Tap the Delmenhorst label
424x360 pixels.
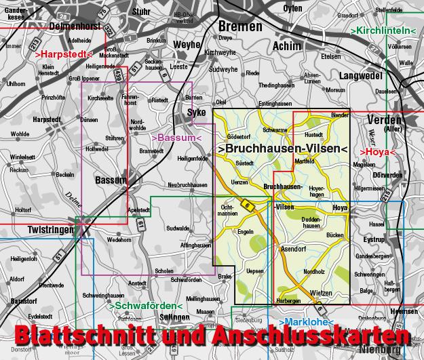pyautogui.click(x=75, y=28)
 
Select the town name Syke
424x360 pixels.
pyautogui.click(x=196, y=113)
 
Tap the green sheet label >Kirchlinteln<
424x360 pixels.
pyautogui.click(x=384, y=31)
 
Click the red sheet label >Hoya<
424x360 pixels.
pyautogui.click(x=379, y=152)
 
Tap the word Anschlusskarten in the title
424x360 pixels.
pyautogui.click(x=309, y=338)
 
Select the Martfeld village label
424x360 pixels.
pyautogui.click(x=305, y=161)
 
